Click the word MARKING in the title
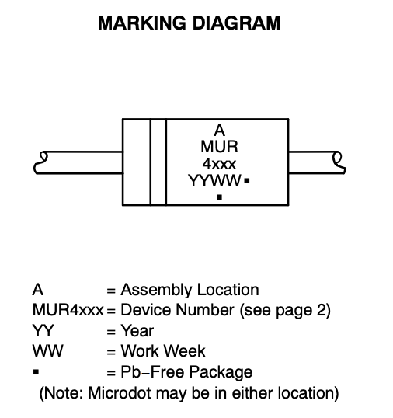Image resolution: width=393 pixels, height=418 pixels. [142, 23]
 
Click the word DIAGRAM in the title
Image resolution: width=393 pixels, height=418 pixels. [236, 23]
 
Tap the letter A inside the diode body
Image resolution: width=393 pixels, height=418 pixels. [219, 131]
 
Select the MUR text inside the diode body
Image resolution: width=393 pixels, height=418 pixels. [219, 147]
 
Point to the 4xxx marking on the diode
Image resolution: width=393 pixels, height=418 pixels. [219, 164]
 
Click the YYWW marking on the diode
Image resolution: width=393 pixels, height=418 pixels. [214, 181]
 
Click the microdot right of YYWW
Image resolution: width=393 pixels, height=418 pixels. [247, 181]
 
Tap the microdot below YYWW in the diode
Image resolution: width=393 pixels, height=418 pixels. [219, 197]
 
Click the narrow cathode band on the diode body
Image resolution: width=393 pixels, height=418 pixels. [158, 162]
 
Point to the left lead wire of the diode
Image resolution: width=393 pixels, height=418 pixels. [78, 162]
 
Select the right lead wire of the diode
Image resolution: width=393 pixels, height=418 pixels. [317, 162]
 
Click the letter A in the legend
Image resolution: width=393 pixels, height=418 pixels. [37, 290]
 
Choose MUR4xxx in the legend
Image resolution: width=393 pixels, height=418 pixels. [68, 310]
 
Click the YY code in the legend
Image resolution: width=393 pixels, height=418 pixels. [43, 330]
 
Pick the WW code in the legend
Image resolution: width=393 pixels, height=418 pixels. [48, 351]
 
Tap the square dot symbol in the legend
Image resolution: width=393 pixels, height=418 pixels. [36, 372]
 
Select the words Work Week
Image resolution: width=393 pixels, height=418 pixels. [163, 351]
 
